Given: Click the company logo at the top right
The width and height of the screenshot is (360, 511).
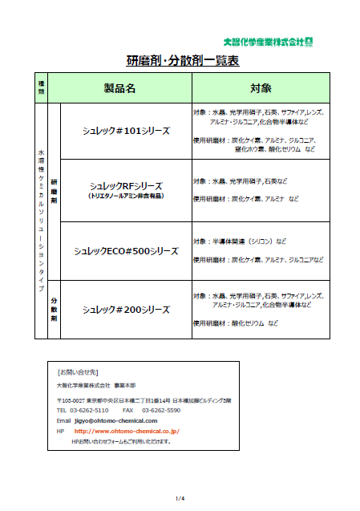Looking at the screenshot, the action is point(268,43).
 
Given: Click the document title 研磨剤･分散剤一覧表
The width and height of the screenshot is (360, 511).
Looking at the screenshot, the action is point(183,61).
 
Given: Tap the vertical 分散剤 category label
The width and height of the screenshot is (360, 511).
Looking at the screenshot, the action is point(55,309).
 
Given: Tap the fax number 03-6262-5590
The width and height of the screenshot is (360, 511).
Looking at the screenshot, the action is point(161,410).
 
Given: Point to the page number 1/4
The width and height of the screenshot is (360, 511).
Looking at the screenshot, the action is point(180,498).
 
